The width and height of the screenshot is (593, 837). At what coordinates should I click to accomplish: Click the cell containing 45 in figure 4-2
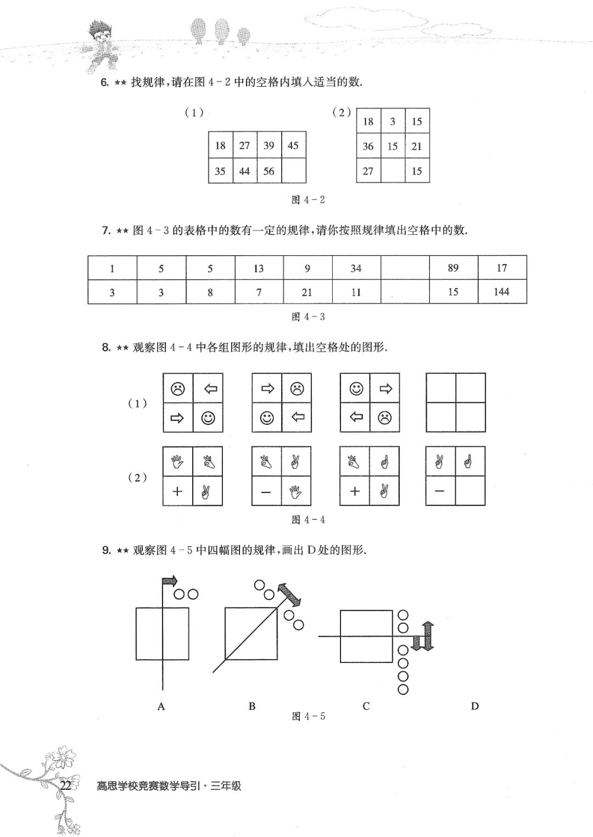pos(294,145)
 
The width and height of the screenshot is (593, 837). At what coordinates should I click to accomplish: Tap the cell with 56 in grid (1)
pos(269,171)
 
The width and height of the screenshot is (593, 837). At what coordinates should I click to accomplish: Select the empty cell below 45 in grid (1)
pos(294,171)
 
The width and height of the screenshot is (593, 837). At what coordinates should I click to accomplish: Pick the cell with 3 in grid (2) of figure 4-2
pos(393,121)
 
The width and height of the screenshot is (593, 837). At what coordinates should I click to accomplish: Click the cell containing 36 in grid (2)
pos(368,146)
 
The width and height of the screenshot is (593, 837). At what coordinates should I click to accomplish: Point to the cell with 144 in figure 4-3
pos(502,291)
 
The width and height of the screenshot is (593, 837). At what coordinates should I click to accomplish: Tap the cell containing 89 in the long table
pos(454,267)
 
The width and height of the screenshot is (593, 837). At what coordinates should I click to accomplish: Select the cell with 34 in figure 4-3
pos(356,267)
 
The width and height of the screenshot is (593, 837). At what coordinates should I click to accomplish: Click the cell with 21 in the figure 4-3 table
pos(307,291)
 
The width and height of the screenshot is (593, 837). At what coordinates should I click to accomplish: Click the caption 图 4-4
pos(308,520)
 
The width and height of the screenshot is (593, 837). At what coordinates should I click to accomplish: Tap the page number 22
pos(66,785)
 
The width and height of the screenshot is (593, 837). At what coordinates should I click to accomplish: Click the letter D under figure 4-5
pos(475,706)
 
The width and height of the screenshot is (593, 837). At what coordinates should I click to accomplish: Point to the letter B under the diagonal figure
pos(252,706)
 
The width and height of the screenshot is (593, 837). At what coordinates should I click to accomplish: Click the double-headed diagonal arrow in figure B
pos(289,596)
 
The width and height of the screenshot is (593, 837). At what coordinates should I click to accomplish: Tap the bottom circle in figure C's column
pos(403,689)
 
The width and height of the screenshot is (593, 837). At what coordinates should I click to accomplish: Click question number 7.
pos(106,231)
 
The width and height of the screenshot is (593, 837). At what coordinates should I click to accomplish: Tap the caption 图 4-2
pos(308,200)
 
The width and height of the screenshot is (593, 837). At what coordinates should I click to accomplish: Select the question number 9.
pos(106,550)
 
